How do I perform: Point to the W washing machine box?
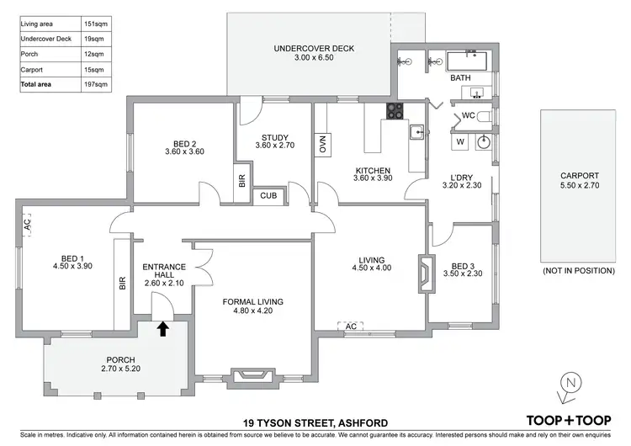tap(460, 142)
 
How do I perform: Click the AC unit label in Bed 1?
tap(27, 226)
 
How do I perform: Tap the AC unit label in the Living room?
tap(351, 325)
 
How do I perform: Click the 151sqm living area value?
tap(100, 24)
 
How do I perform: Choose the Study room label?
tap(274, 138)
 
